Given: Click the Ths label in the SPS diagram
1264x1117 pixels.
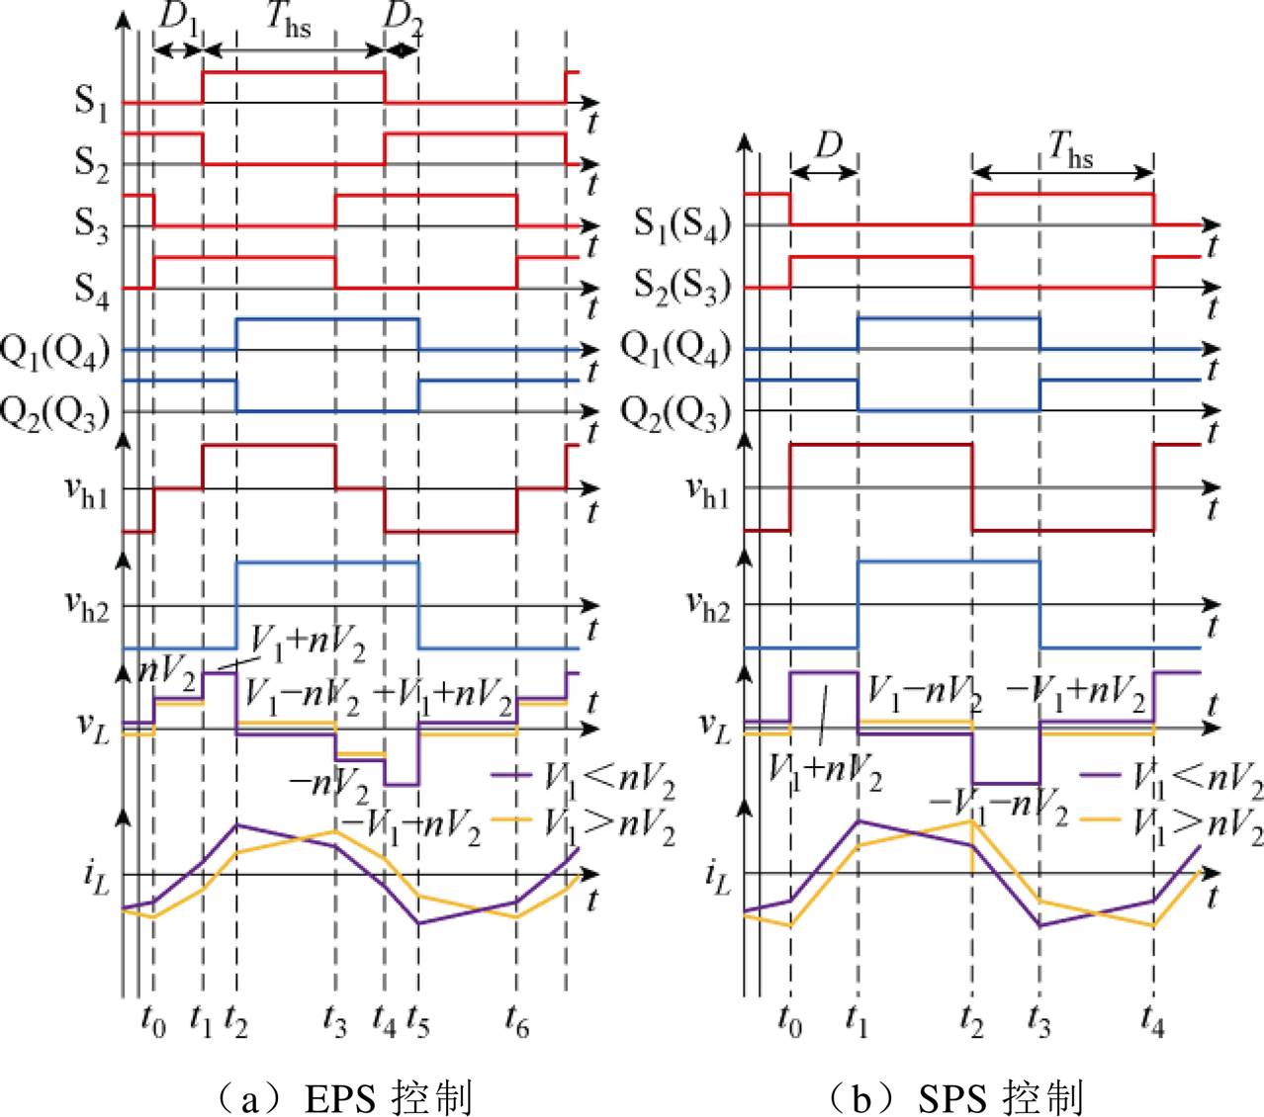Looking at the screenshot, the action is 1070,151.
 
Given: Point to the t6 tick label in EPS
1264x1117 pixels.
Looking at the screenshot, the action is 516,1022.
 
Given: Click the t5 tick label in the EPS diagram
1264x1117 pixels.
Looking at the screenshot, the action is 417,1022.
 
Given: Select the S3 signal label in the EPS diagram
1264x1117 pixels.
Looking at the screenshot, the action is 91,225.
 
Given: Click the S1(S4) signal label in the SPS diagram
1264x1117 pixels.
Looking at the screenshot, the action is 681,225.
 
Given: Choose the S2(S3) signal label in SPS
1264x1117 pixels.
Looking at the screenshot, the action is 681,287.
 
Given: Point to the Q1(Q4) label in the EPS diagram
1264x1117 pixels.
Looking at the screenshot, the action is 55,352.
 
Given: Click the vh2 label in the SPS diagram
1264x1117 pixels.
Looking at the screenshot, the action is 708,606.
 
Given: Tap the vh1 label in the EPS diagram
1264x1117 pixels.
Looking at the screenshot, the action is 87,494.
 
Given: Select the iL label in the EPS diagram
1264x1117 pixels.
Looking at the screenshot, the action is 96,878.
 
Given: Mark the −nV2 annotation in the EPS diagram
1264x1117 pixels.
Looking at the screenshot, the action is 328,786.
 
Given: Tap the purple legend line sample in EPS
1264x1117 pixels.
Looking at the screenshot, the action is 511,775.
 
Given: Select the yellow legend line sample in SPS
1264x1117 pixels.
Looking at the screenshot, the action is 1100,818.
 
